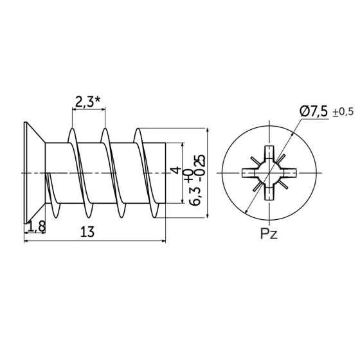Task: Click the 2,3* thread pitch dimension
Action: (88, 102)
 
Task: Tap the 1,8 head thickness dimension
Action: (37, 227)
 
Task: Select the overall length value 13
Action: (87, 231)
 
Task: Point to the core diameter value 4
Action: (175, 170)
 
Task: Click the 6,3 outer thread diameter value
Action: (194, 196)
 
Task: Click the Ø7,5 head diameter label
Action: (314, 112)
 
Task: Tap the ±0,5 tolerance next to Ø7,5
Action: (343, 112)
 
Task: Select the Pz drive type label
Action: (269, 235)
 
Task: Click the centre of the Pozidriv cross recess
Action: (269, 173)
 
